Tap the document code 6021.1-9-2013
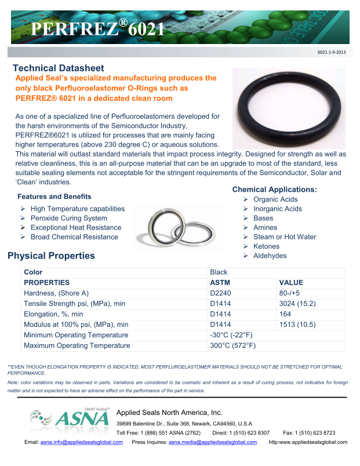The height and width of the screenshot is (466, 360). click(x=332, y=53)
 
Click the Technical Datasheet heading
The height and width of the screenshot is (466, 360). click(x=58, y=68)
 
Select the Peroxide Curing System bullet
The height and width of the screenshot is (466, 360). click(x=68, y=218)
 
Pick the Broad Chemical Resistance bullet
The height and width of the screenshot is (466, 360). click(x=74, y=236)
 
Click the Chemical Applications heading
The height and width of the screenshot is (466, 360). click(x=274, y=190)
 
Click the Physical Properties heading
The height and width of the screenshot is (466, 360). click(x=51, y=256)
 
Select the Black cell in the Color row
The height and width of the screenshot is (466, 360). click(x=219, y=272)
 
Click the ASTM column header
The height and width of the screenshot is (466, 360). click(x=220, y=282)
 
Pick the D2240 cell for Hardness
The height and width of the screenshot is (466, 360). click(x=220, y=293)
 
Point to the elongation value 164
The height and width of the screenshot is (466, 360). click(x=285, y=314)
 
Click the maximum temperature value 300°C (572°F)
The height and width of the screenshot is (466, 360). click(x=232, y=345)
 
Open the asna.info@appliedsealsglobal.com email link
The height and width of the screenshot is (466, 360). click(x=81, y=442)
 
